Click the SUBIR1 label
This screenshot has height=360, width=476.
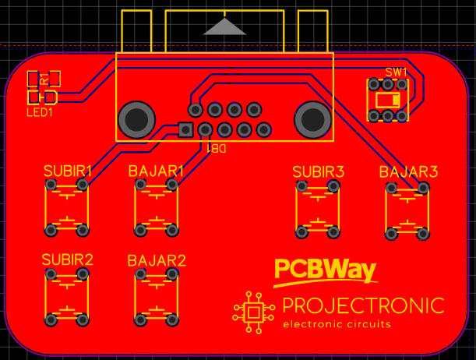tap(68, 170)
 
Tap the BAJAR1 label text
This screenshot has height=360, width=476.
tap(156, 170)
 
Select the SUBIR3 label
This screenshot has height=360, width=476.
tap(318, 171)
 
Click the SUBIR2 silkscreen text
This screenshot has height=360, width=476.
tap(68, 259)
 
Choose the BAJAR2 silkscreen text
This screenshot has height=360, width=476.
tap(157, 260)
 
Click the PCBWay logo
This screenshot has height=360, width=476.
tap(325, 270)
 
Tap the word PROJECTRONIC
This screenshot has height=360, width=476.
tap(363, 305)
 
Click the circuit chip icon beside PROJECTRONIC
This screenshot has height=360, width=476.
tap(254, 312)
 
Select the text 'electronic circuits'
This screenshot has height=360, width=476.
tap(337, 324)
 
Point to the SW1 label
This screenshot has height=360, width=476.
tap(396, 72)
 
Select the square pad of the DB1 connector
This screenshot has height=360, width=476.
tap(185, 129)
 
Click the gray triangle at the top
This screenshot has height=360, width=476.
tap(225, 27)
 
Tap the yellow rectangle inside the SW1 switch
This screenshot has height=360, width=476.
tap(387, 101)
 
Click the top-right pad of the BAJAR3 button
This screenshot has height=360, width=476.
tap(424, 188)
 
